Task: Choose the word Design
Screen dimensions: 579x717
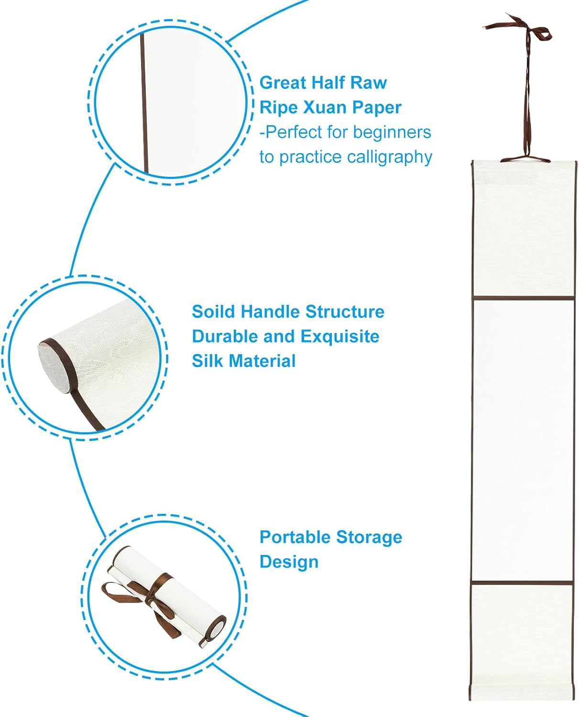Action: click(x=289, y=562)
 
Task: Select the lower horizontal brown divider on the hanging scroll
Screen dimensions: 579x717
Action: click(x=523, y=582)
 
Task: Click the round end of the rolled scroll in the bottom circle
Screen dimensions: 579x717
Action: click(x=216, y=628)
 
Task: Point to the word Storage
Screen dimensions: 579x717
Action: click(x=369, y=537)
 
